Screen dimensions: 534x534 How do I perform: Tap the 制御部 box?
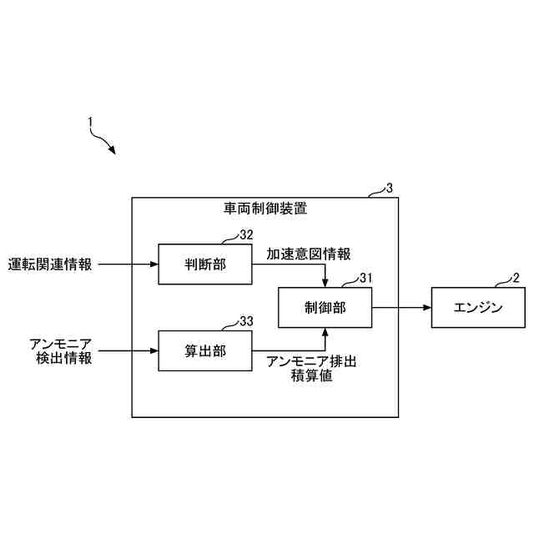coord(325,307)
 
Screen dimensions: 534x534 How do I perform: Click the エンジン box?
coord(478,307)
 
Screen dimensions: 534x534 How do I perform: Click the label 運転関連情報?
coord(50,264)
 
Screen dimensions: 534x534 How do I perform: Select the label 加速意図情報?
coord(309,253)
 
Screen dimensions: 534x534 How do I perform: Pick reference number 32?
coord(246,235)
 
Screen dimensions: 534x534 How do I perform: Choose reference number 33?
coord(246,321)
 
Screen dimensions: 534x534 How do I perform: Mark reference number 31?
coord(365,278)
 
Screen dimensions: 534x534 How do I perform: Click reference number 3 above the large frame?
coord(390,189)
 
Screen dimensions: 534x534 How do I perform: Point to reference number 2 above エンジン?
coord(516,278)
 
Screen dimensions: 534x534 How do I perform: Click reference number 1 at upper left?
coord(90,122)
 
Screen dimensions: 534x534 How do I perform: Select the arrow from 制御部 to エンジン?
coord(401,307)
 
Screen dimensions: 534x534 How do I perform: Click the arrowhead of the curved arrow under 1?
coord(112,151)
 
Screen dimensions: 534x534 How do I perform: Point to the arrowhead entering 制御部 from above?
coord(325,282)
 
